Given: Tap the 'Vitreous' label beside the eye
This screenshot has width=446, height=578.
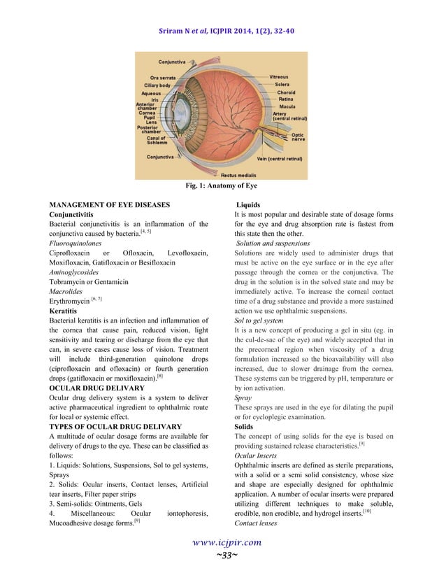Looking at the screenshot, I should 279,76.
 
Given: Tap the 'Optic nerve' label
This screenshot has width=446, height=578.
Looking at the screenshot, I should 298,137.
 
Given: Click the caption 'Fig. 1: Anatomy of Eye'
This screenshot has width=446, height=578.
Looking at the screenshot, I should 222,186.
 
